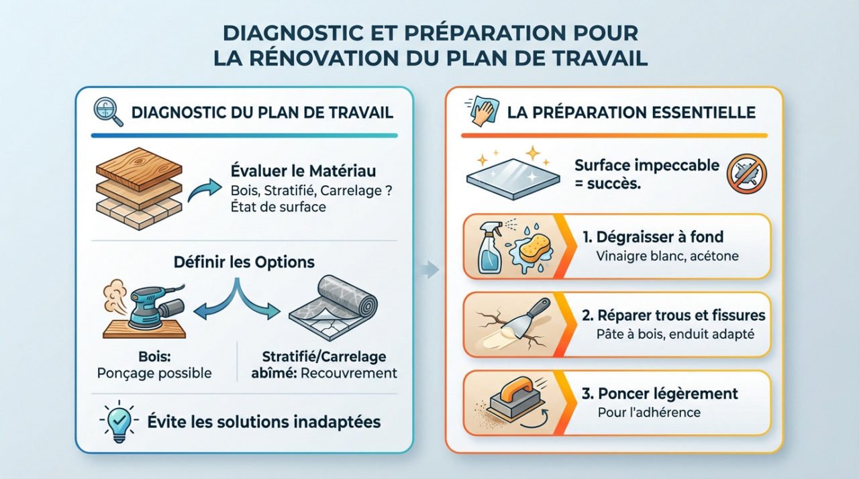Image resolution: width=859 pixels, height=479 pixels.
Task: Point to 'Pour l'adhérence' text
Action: (648, 412)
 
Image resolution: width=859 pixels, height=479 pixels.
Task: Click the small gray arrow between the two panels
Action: (430, 271)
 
